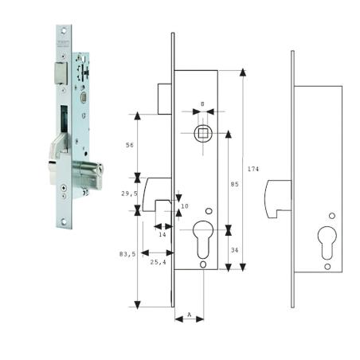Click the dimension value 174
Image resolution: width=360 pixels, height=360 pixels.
tap(253, 169)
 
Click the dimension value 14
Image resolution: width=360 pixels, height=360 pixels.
tap(162, 234)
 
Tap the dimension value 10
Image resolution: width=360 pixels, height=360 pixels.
tap(186, 206)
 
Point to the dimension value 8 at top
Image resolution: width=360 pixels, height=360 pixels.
tap(202, 104)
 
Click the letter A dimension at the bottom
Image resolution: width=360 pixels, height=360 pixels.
tap(189, 315)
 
